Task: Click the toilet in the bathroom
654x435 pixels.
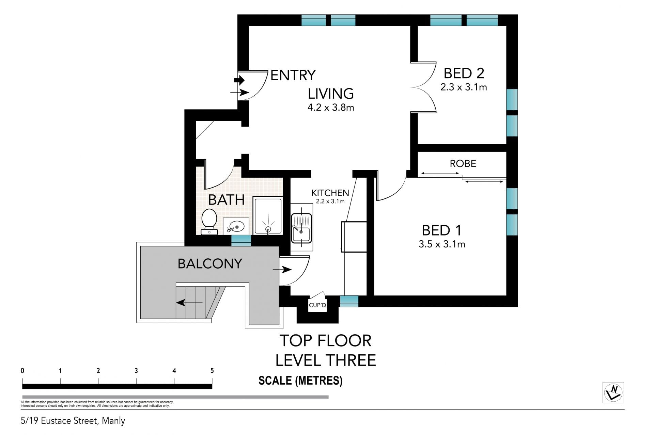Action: pyautogui.click(x=209, y=222)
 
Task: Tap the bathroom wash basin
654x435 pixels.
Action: pyautogui.click(x=236, y=226)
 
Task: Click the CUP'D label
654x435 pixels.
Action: pyautogui.click(x=317, y=305)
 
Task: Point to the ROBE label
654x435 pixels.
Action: pyautogui.click(x=463, y=164)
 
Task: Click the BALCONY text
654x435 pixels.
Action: pyautogui.click(x=210, y=263)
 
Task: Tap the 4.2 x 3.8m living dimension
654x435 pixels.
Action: pyautogui.click(x=331, y=108)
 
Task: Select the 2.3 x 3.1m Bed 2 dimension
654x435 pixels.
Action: pyautogui.click(x=464, y=87)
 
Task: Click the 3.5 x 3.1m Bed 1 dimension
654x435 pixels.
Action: pyautogui.click(x=442, y=244)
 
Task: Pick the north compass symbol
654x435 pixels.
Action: pyautogui.click(x=613, y=392)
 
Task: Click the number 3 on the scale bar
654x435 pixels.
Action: pyautogui.click(x=136, y=371)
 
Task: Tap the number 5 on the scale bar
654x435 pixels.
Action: pyautogui.click(x=212, y=371)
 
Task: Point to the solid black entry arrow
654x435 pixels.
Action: pyautogui.click(x=239, y=81)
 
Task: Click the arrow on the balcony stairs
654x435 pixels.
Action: pyautogui.click(x=189, y=302)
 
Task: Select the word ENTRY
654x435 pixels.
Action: pyautogui.click(x=293, y=75)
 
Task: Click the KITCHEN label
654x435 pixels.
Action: pyautogui.click(x=330, y=193)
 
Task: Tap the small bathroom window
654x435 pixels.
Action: pyautogui.click(x=241, y=239)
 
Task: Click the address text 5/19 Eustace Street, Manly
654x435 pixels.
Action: pyautogui.click(x=73, y=421)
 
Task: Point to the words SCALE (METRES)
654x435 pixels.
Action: pyautogui.click(x=300, y=381)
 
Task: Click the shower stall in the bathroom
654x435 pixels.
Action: pyautogui.click(x=268, y=215)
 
